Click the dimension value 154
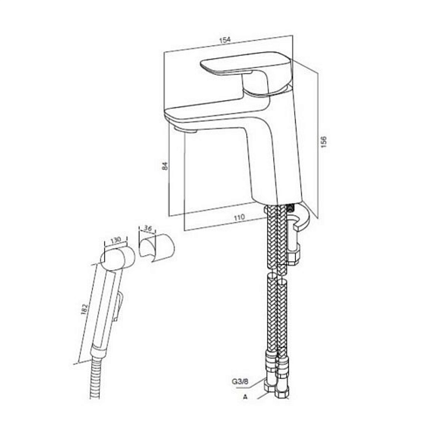point(225,40)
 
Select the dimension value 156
point(324,142)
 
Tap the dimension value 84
point(165,166)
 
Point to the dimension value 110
point(239,217)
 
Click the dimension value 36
point(148,228)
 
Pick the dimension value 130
point(115,240)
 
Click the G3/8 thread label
point(240,381)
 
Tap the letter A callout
point(245,397)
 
